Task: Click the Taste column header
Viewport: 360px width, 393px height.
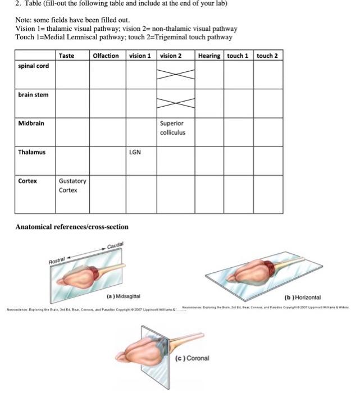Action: pyautogui.click(x=67, y=56)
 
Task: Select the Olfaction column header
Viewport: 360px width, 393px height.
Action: pyautogui.click(x=106, y=56)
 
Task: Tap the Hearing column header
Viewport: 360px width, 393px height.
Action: pyautogui.click(x=209, y=56)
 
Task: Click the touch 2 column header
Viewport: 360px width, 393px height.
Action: pyautogui.click(x=267, y=56)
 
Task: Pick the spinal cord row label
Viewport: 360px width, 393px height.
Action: pyautogui.click(x=34, y=66)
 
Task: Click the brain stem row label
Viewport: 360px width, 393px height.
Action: pyautogui.click(x=33, y=95)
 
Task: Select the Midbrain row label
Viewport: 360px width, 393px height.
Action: pyautogui.click(x=31, y=123)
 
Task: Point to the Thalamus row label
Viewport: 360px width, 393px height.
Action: pyautogui.click(x=31, y=152)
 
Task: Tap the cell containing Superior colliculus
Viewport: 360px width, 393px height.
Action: pyautogui.click(x=172, y=128)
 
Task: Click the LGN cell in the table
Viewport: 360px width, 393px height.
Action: pyautogui.click(x=135, y=152)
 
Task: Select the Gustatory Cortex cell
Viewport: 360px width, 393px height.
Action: pyautogui.click(x=72, y=185)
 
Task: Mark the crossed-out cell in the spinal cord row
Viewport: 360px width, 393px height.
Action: pyautogui.click(x=175, y=74)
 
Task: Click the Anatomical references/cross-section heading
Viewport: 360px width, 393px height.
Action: pyautogui.click(x=72, y=227)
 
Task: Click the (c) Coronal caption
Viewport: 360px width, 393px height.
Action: pyautogui.click(x=193, y=358)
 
